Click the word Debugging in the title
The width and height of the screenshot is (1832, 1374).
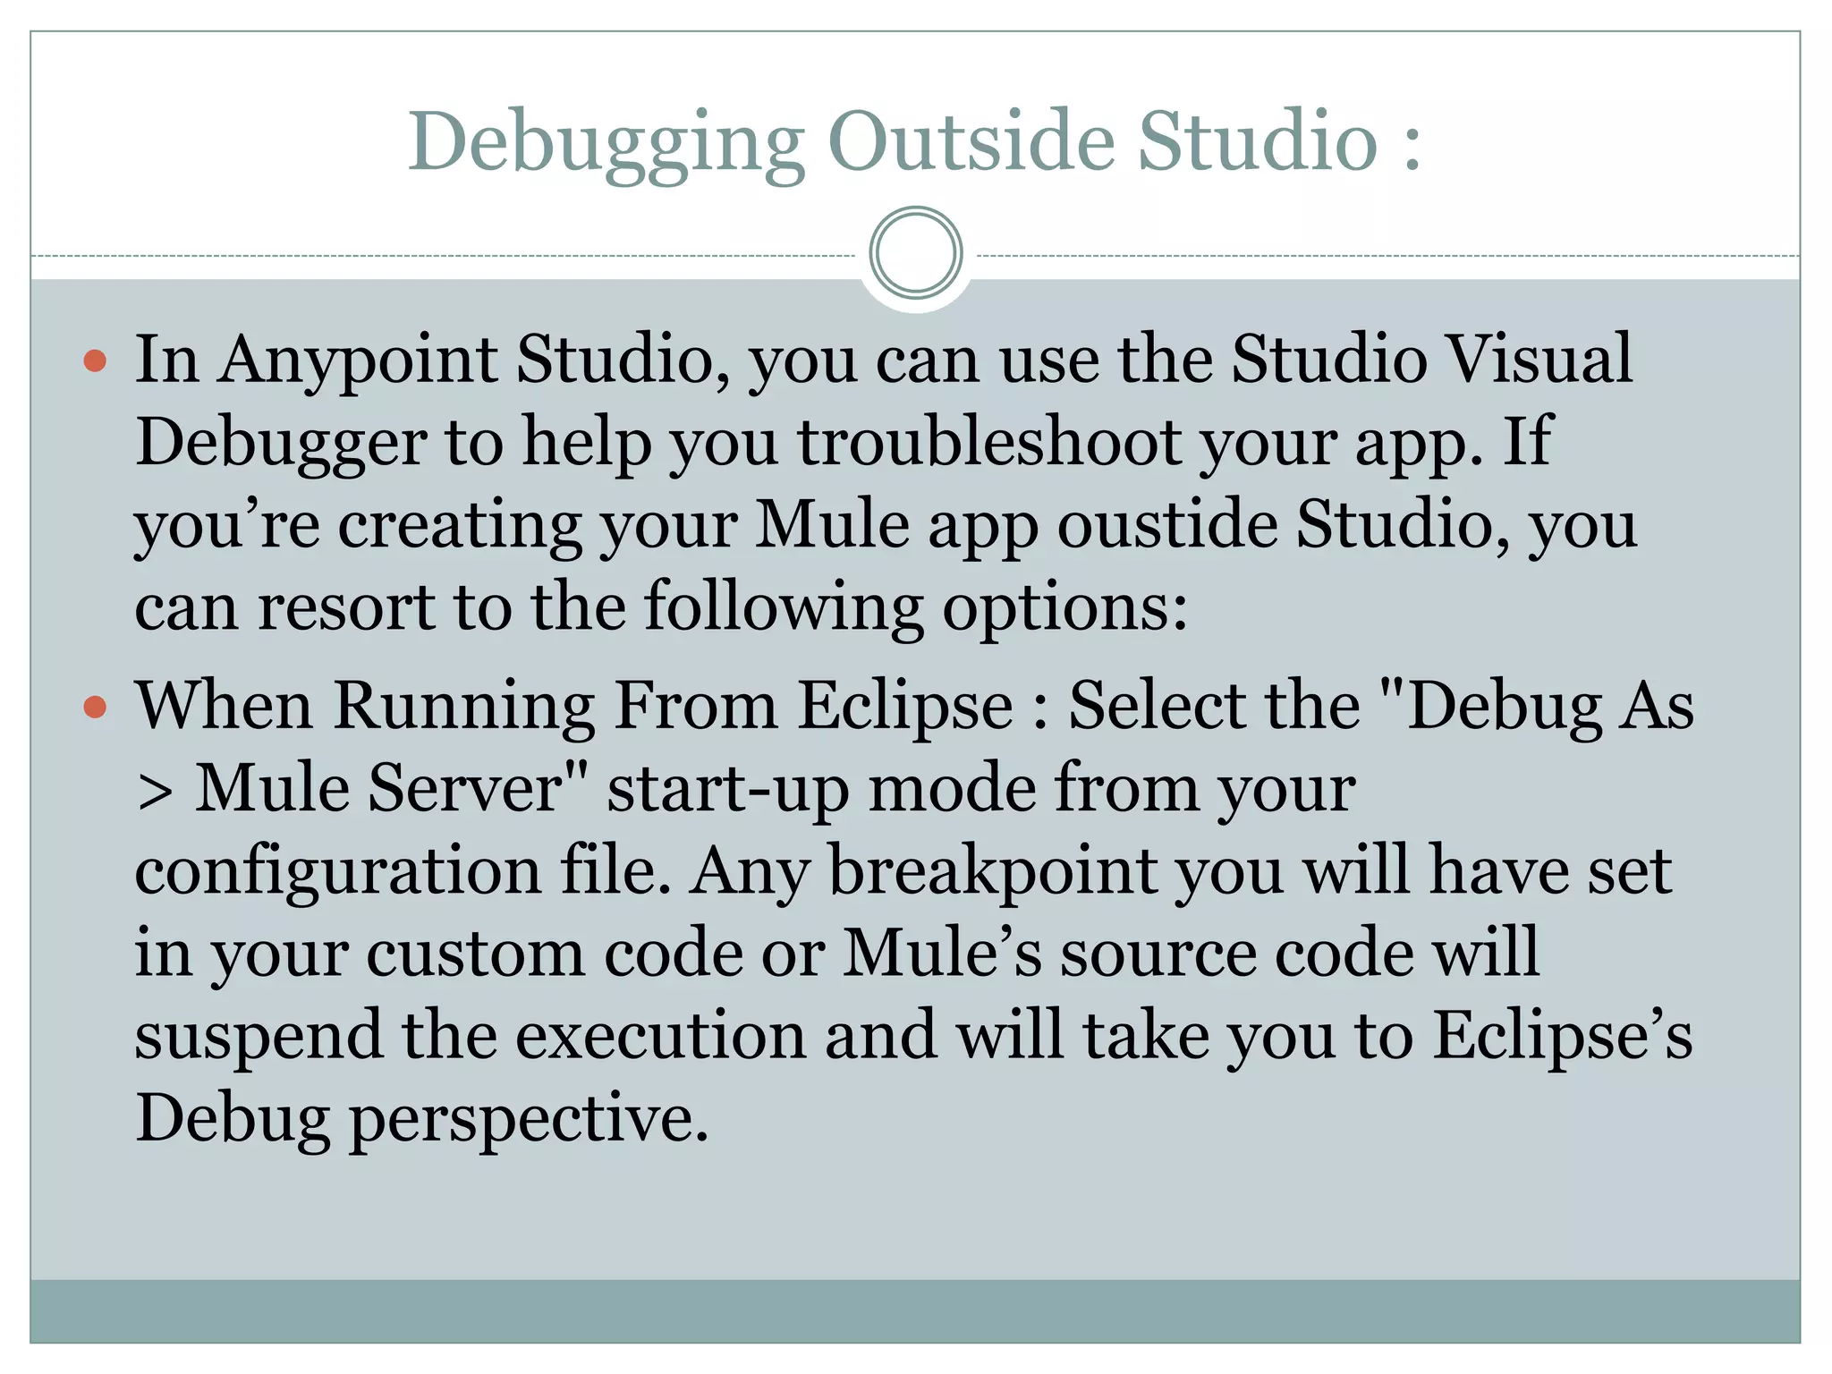(606, 143)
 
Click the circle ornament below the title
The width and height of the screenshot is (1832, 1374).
(915, 253)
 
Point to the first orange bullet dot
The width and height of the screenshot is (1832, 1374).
(95, 361)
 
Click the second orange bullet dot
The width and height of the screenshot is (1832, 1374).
(95, 708)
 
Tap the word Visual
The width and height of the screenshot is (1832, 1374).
(1539, 360)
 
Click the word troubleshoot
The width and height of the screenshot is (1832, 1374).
(988, 443)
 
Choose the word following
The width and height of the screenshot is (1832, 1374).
(784, 607)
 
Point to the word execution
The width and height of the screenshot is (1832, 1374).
(661, 1037)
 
